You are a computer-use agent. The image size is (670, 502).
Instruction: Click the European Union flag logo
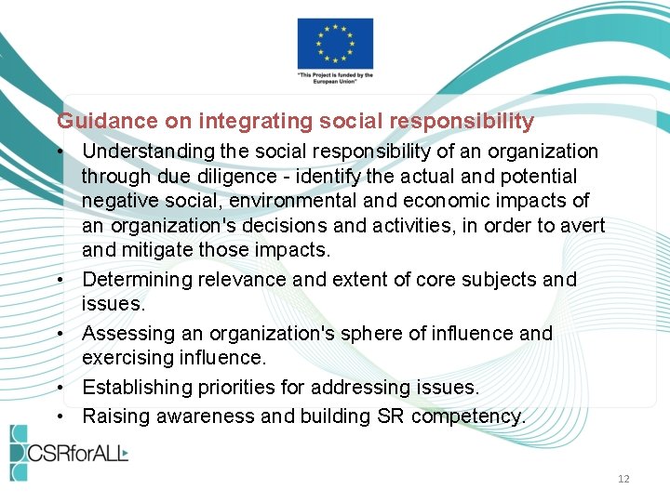point(335,43)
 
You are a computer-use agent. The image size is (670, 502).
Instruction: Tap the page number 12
point(623,479)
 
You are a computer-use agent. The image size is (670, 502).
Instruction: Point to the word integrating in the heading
point(244,121)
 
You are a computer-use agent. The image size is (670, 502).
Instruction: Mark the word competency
point(468,416)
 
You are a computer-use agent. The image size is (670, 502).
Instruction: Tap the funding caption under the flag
point(335,79)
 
